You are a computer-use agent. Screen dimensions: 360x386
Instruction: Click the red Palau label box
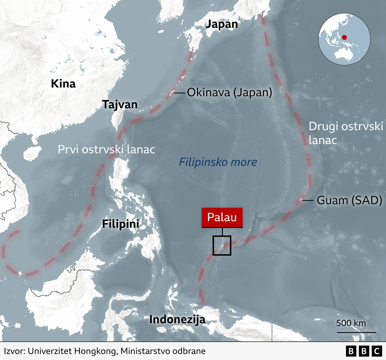[222, 217]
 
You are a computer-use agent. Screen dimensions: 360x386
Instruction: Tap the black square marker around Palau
[222, 246]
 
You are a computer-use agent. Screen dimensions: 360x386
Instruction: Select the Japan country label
[222, 24]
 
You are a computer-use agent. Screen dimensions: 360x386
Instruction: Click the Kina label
[63, 84]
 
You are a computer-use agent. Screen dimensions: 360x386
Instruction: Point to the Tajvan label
[119, 104]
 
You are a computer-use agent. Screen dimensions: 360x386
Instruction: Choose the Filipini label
[120, 224]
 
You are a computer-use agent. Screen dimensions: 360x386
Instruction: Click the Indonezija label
[177, 319]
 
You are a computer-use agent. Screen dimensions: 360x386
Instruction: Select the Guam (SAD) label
[349, 200]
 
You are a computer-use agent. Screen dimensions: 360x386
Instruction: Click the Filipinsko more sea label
[218, 162]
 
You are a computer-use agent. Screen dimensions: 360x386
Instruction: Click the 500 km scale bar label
[351, 323]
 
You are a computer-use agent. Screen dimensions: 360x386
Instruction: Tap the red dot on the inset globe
[344, 38]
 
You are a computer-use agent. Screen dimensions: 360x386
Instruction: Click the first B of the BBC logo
[351, 351]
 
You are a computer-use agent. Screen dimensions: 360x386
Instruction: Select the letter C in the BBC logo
[377, 351]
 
